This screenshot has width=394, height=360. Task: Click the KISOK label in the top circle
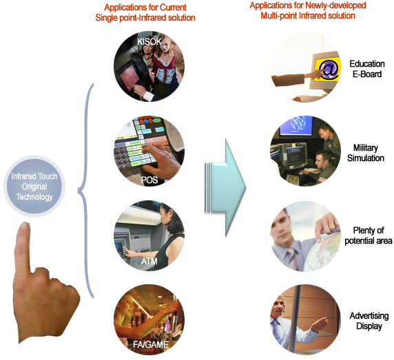click(149, 41)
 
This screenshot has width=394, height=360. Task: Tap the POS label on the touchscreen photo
click(149, 180)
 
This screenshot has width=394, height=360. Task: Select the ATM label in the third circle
click(149, 262)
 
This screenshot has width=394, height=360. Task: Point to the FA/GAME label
click(151, 344)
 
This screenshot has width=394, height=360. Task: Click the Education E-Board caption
click(367, 69)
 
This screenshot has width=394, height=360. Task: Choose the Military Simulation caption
click(366, 153)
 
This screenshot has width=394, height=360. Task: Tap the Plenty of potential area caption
click(369, 235)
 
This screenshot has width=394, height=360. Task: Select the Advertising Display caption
click(369, 321)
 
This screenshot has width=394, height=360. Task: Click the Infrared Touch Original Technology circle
click(34, 187)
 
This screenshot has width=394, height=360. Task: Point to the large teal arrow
click(225, 187)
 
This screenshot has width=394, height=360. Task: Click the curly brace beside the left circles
click(86, 191)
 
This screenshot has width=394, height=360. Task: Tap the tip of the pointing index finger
click(25, 224)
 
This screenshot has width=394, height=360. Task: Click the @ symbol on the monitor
click(328, 69)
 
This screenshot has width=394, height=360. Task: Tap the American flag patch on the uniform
click(322, 179)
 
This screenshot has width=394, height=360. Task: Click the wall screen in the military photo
click(296, 125)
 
